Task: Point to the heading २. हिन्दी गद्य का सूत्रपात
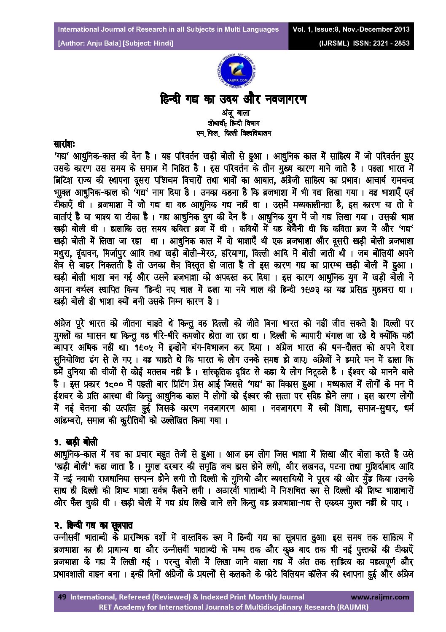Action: click(94, 526)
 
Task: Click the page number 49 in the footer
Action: click(62, 597)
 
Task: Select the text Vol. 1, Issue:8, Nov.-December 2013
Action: click(351, 30)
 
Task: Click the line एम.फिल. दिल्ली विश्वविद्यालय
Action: click(234, 133)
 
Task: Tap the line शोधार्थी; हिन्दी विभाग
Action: click(234, 124)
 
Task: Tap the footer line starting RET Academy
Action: click(234, 607)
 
